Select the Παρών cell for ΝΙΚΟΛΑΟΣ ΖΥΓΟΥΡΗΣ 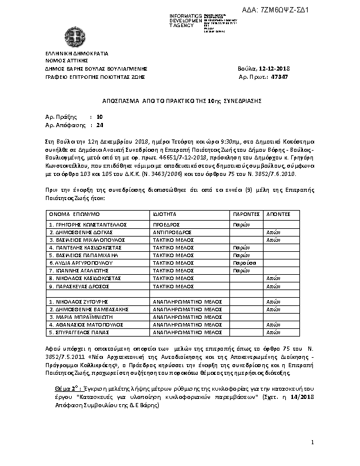point(242,301)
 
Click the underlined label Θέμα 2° point(65,390)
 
